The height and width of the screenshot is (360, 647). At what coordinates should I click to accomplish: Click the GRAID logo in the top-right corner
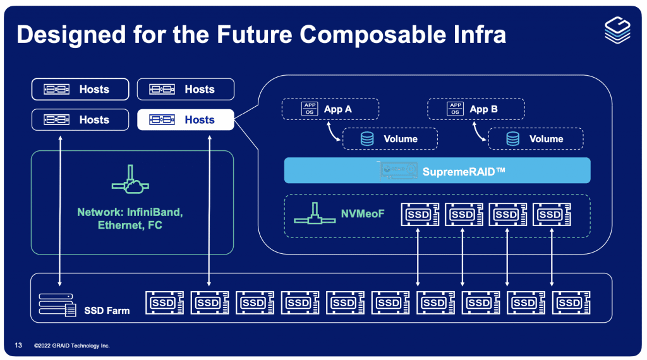617,30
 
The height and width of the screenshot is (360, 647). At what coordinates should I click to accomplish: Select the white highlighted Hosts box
185,119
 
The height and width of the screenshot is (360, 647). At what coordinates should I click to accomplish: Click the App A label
337,109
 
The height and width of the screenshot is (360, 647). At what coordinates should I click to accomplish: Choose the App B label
483,109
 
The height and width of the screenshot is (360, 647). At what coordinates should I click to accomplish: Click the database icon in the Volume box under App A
367,139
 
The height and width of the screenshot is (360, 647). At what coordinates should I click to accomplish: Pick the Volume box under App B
536,139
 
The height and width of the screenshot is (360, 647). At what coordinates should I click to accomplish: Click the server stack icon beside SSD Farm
58,304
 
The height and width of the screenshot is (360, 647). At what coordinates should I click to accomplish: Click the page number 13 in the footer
18,345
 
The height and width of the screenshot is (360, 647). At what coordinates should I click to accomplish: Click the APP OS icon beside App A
310,109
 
